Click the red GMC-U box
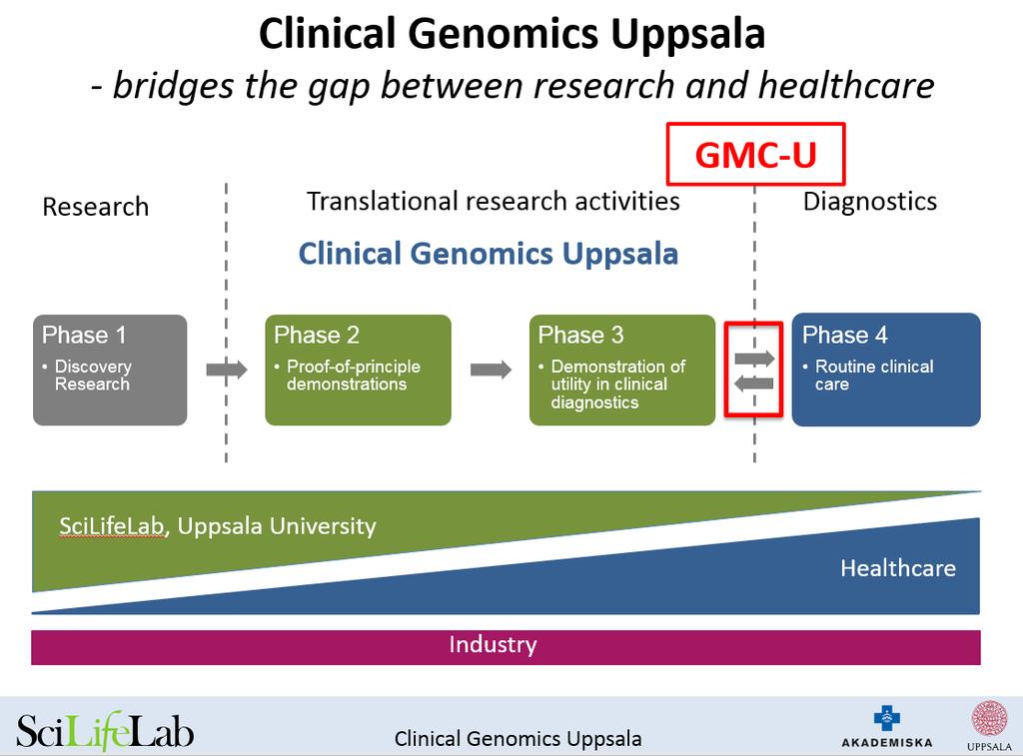pyautogui.click(x=755, y=154)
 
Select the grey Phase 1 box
pyautogui.click(x=110, y=370)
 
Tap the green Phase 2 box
pyautogui.click(x=359, y=370)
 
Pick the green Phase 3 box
pyautogui.click(x=622, y=370)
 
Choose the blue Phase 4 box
pyautogui.click(x=886, y=370)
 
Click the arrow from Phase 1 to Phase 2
pyautogui.click(x=227, y=370)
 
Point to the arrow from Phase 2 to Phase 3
pyautogui.click(x=491, y=370)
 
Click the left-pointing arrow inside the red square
pyautogui.click(x=754, y=382)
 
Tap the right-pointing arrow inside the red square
pyautogui.click(x=754, y=359)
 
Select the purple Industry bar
pyautogui.click(x=506, y=647)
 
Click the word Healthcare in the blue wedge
pyautogui.click(x=898, y=568)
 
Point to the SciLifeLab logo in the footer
pyautogui.click(x=104, y=731)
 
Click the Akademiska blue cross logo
pyautogui.click(x=887, y=718)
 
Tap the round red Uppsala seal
pyautogui.click(x=989, y=719)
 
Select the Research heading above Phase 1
pyautogui.click(x=96, y=207)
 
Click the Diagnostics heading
pyautogui.click(x=870, y=202)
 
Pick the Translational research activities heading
pyautogui.click(x=494, y=202)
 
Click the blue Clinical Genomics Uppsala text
pyautogui.click(x=488, y=254)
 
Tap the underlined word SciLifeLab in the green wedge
pyautogui.click(x=111, y=526)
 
